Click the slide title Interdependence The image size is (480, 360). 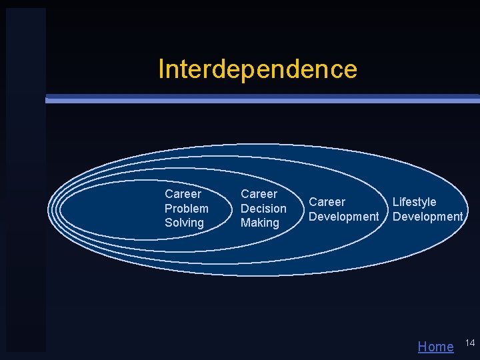point(257,69)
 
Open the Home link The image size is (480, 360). point(435,346)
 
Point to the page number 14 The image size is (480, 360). point(469,343)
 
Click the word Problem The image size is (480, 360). point(187,209)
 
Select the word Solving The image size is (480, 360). point(184,223)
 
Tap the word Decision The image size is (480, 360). point(263,209)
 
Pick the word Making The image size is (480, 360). point(259,223)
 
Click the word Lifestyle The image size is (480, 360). point(414,202)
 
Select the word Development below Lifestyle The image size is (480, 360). point(427,217)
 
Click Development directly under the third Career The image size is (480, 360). point(343,217)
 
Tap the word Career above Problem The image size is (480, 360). point(183,194)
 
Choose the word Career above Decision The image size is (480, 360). point(259,194)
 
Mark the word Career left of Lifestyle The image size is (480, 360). point(327,202)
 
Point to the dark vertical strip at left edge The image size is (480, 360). point(25,180)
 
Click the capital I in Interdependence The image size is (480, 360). point(161,69)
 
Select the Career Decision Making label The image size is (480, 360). point(263,209)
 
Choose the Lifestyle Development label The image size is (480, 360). point(427,209)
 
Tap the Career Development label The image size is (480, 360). point(343,209)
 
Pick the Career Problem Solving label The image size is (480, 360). point(187,209)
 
